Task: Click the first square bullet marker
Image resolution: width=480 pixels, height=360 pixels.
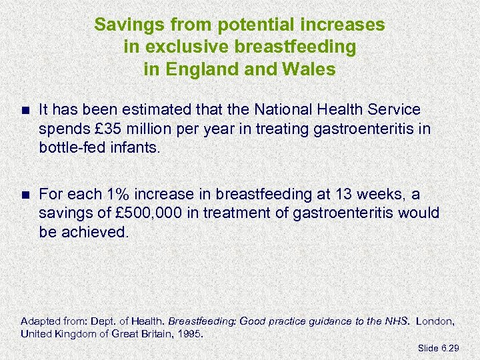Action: coord(25,109)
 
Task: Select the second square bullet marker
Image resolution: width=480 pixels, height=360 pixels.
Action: coord(25,195)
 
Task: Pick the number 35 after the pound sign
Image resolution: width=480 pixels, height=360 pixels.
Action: coord(106,128)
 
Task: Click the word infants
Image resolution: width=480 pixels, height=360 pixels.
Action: coord(137,147)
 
